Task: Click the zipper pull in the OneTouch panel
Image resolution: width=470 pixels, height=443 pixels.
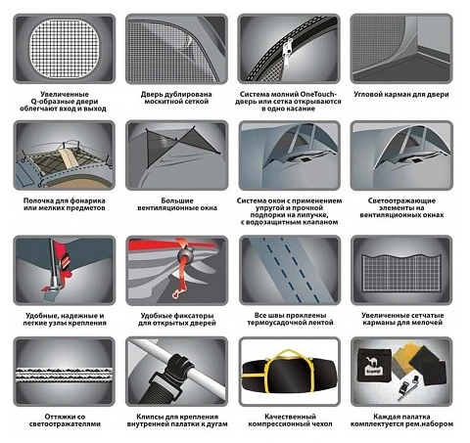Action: [x=288, y=55]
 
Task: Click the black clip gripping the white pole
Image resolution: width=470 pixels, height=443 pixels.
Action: [x=172, y=368]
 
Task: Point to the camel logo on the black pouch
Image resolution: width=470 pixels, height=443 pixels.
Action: [x=372, y=362]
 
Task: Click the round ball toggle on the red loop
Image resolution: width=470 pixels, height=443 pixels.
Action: [x=185, y=255]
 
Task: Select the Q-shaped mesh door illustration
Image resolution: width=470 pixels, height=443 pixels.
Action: [x=64, y=48]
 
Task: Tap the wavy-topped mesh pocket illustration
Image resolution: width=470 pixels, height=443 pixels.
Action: [x=401, y=271]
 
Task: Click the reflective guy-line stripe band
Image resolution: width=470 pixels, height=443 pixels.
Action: [x=64, y=375]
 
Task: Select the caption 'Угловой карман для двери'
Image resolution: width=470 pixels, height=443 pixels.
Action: [x=401, y=95]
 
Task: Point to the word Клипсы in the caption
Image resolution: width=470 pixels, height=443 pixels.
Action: [x=151, y=417]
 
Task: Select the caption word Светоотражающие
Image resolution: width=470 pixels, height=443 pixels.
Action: [x=401, y=200]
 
